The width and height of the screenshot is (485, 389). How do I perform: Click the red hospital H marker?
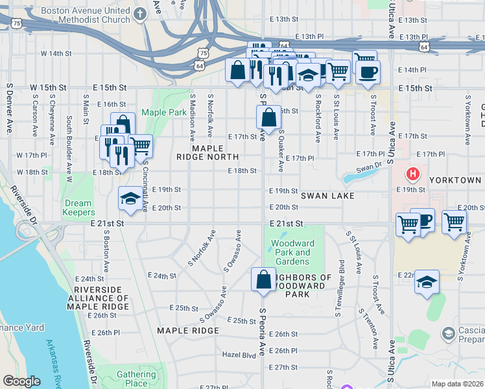point(412,174)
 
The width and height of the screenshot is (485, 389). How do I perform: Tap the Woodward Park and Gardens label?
point(293,252)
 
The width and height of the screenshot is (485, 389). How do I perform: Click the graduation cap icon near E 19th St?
point(130,198)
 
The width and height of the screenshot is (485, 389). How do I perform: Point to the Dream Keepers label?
point(78,207)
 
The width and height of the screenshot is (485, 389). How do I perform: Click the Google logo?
point(21,381)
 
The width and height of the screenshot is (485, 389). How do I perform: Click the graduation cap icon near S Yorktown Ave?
point(427,282)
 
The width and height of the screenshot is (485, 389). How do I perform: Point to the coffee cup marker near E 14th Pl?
point(368,71)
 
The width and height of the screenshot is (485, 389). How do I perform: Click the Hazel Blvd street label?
point(239,355)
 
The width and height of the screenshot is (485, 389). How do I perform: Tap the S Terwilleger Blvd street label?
point(341,288)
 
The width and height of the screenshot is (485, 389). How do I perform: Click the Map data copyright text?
point(458,384)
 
